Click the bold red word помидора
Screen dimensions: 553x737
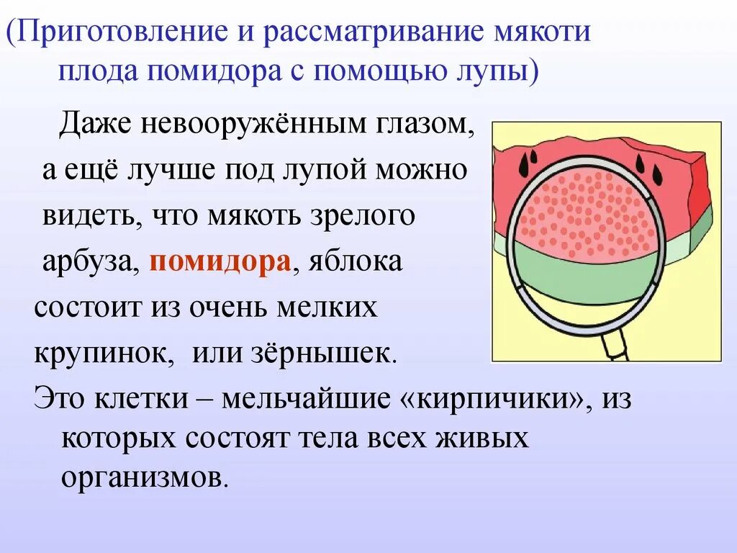coord(220,261)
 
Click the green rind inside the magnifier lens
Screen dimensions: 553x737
coord(587,274)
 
